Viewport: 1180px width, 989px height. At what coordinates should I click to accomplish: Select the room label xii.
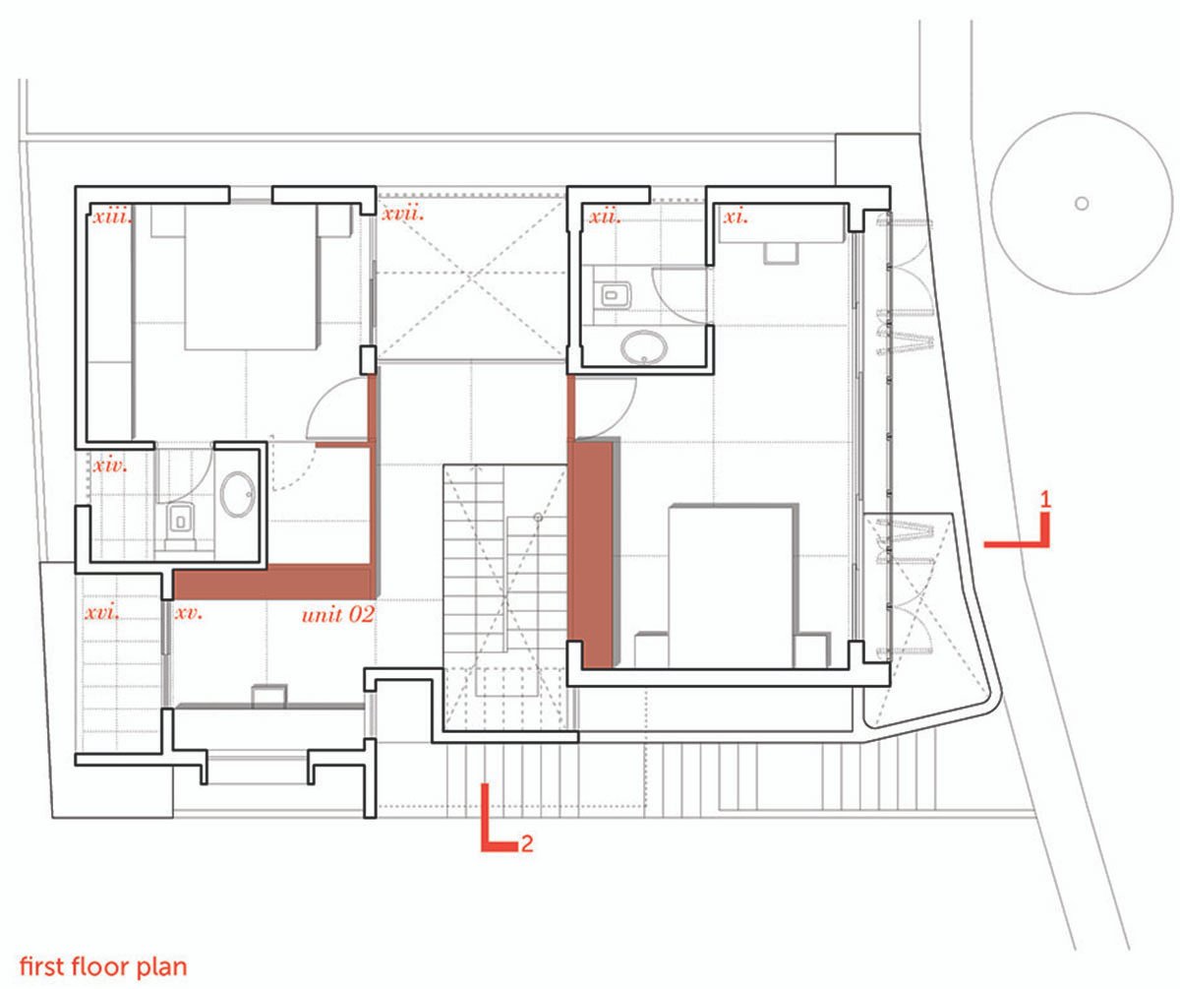tap(603, 216)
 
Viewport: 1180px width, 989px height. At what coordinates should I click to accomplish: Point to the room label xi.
tap(737, 216)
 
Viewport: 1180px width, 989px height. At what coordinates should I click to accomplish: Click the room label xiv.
tap(110, 464)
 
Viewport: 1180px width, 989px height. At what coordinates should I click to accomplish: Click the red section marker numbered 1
tap(1023, 529)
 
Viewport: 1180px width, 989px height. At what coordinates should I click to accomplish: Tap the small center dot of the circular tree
tap(1081, 204)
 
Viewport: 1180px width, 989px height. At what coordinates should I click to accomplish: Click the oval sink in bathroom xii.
tap(645, 345)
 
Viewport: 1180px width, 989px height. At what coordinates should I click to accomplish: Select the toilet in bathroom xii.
tap(612, 293)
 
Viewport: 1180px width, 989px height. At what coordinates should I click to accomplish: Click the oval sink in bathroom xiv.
tap(238, 495)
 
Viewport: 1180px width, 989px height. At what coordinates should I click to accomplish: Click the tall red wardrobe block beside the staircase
tap(592, 553)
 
